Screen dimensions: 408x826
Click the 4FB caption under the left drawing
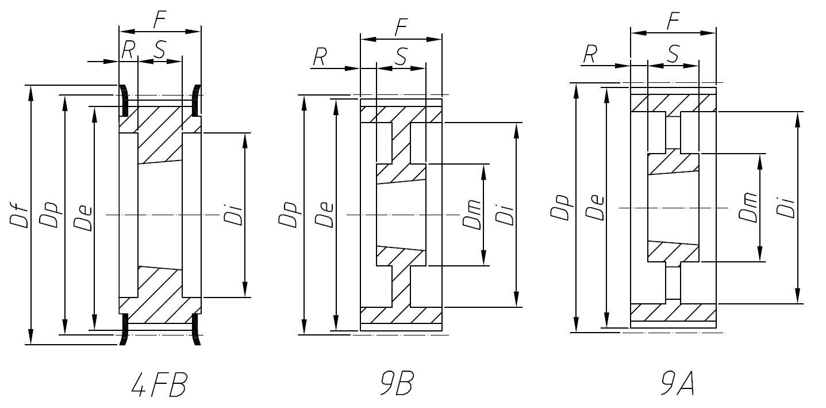159,386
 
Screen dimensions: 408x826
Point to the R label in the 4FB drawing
128,50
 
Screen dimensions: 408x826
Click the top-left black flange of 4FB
122,99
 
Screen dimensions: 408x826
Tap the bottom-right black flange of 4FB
196,329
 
